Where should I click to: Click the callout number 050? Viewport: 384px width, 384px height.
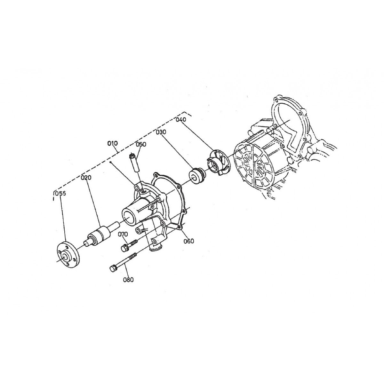(x=141, y=144)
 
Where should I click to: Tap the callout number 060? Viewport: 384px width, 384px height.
(x=189, y=241)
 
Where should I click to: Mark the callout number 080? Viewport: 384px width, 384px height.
(x=128, y=280)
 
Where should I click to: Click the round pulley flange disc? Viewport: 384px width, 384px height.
(x=68, y=255)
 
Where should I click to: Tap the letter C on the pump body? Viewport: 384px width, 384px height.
(x=153, y=207)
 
